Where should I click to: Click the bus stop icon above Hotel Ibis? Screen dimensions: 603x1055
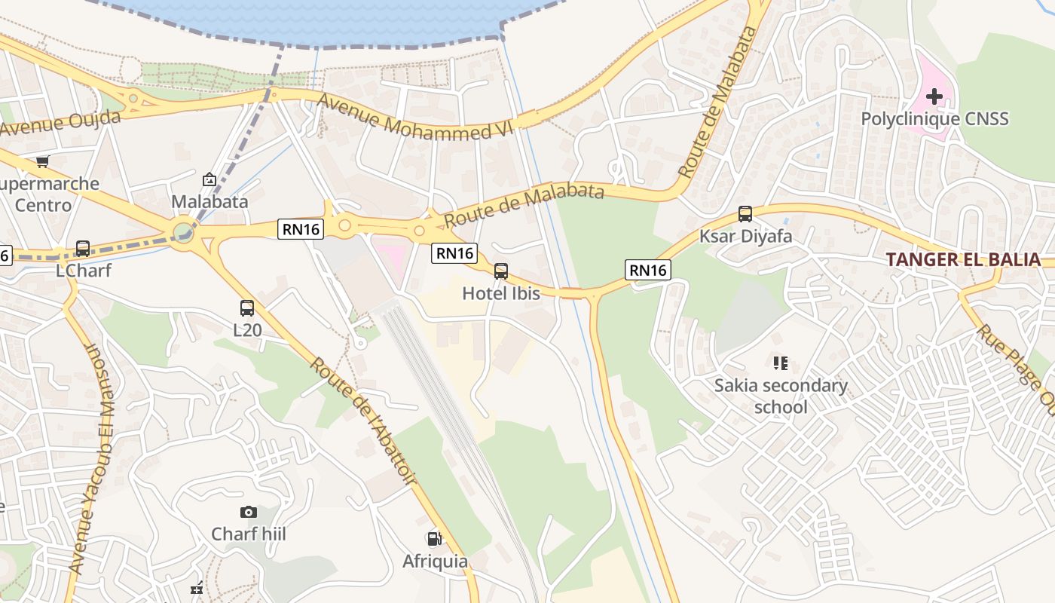click(x=501, y=271)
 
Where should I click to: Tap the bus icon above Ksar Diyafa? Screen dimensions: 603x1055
click(x=745, y=214)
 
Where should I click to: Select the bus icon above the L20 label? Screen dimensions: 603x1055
click(x=247, y=308)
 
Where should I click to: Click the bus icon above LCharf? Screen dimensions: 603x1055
click(x=83, y=249)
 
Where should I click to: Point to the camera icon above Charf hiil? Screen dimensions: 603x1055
click(x=249, y=513)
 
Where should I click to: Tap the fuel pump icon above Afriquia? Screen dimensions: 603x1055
click(x=434, y=539)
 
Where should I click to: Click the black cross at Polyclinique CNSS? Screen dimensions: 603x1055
click(x=934, y=96)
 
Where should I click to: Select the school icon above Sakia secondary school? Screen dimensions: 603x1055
click(x=780, y=364)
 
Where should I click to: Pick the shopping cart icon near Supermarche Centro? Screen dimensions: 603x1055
click(x=43, y=161)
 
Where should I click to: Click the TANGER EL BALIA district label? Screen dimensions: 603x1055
click(x=963, y=260)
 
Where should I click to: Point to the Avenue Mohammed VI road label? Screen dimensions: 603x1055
click(x=414, y=117)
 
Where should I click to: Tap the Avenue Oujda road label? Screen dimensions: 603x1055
click(x=60, y=124)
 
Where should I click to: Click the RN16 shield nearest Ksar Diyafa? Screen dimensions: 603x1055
click(x=647, y=270)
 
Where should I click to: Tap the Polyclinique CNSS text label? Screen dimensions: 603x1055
click(x=934, y=119)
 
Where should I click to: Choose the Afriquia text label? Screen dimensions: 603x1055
click(x=435, y=562)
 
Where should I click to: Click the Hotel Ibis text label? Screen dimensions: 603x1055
click(x=501, y=293)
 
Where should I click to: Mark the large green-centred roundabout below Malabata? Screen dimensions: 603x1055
click(x=183, y=232)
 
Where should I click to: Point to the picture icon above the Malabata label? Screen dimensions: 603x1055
click(x=209, y=179)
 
